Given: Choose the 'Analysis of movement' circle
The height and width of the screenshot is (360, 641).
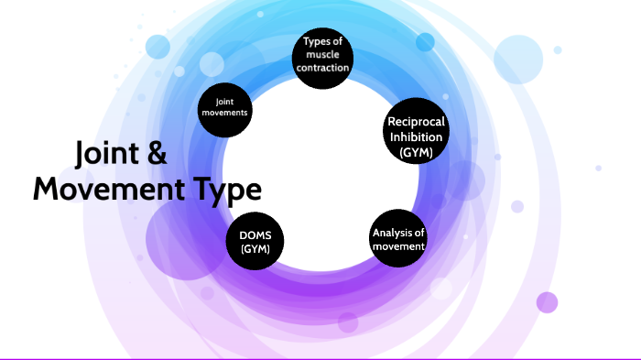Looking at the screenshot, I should click(398, 239).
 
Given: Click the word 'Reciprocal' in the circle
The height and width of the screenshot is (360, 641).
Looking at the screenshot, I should click(417, 122).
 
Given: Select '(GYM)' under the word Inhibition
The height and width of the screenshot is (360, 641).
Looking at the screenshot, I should click(417, 153).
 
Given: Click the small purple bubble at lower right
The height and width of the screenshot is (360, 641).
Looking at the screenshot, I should click(547, 302).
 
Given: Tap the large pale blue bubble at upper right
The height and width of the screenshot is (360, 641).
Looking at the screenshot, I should click(519, 59).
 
